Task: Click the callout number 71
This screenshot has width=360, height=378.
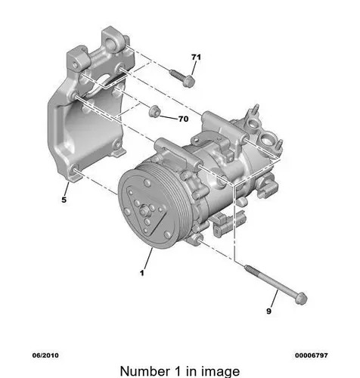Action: (196, 57)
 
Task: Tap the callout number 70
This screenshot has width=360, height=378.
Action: (183, 119)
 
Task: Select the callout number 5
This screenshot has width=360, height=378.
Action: (64, 200)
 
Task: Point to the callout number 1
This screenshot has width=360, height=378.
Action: (142, 273)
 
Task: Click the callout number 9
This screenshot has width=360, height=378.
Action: (268, 311)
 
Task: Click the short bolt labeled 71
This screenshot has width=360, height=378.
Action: (182, 78)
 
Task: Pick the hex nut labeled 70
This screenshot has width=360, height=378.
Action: (154, 111)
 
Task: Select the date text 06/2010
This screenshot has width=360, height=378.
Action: (45, 355)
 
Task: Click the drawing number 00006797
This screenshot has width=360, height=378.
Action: (312, 355)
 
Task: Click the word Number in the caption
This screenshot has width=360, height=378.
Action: (145, 371)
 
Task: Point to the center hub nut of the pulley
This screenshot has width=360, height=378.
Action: (144, 211)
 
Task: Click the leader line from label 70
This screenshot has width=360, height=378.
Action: (168, 117)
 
